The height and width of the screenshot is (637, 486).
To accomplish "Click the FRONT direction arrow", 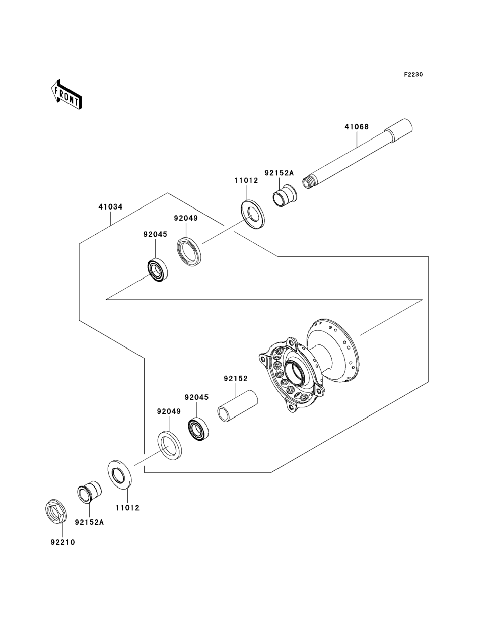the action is coord(66,95).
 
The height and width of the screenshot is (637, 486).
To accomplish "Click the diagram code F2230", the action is coord(413,75).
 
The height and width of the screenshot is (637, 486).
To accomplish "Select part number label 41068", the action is coord(356,127).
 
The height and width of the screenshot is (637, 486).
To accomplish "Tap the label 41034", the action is coord(110,207).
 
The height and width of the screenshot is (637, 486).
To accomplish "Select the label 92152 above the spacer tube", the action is coord(236,378).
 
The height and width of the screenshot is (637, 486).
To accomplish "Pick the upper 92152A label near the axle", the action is coord(279,173).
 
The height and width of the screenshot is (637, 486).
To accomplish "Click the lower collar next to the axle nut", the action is coord(90,492).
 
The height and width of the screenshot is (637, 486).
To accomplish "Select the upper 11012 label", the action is coord(246,181).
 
